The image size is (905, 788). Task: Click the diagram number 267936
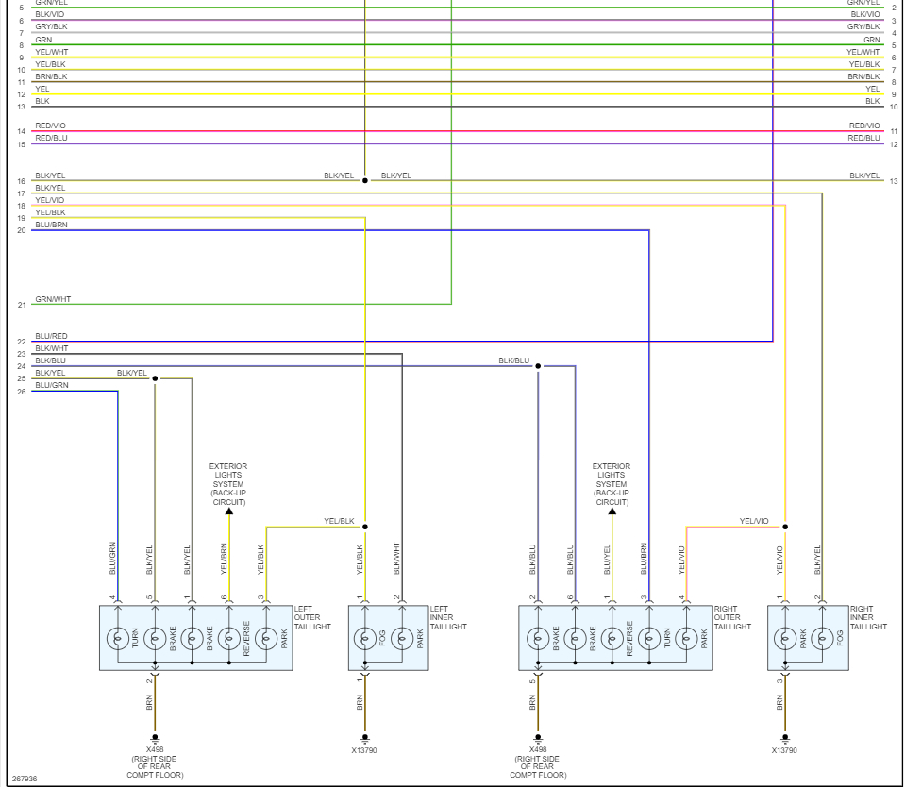click(25, 779)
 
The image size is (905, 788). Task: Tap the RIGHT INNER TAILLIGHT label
click(868, 617)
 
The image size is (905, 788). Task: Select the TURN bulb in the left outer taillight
click(118, 639)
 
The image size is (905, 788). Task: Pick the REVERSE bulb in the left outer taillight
click(229, 639)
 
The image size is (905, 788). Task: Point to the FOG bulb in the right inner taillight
click(822, 639)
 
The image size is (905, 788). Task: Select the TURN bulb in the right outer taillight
click(649, 639)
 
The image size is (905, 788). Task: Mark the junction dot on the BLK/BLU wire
click(538, 366)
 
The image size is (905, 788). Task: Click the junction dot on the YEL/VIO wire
click(785, 527)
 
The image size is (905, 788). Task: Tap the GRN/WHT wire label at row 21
click(53, 299)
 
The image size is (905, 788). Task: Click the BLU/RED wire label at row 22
click(51, 336)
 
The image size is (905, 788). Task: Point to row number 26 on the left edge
click(22, 391)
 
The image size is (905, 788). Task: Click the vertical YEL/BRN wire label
click(225, 559)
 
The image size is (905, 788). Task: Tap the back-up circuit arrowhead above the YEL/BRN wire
click(229, 511)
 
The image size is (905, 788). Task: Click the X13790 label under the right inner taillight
click(784, 750)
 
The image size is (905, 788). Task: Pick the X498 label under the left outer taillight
click(155, 750)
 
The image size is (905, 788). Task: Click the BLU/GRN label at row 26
click(52, 385)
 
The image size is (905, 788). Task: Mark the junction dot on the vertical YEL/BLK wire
click(365, 527)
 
